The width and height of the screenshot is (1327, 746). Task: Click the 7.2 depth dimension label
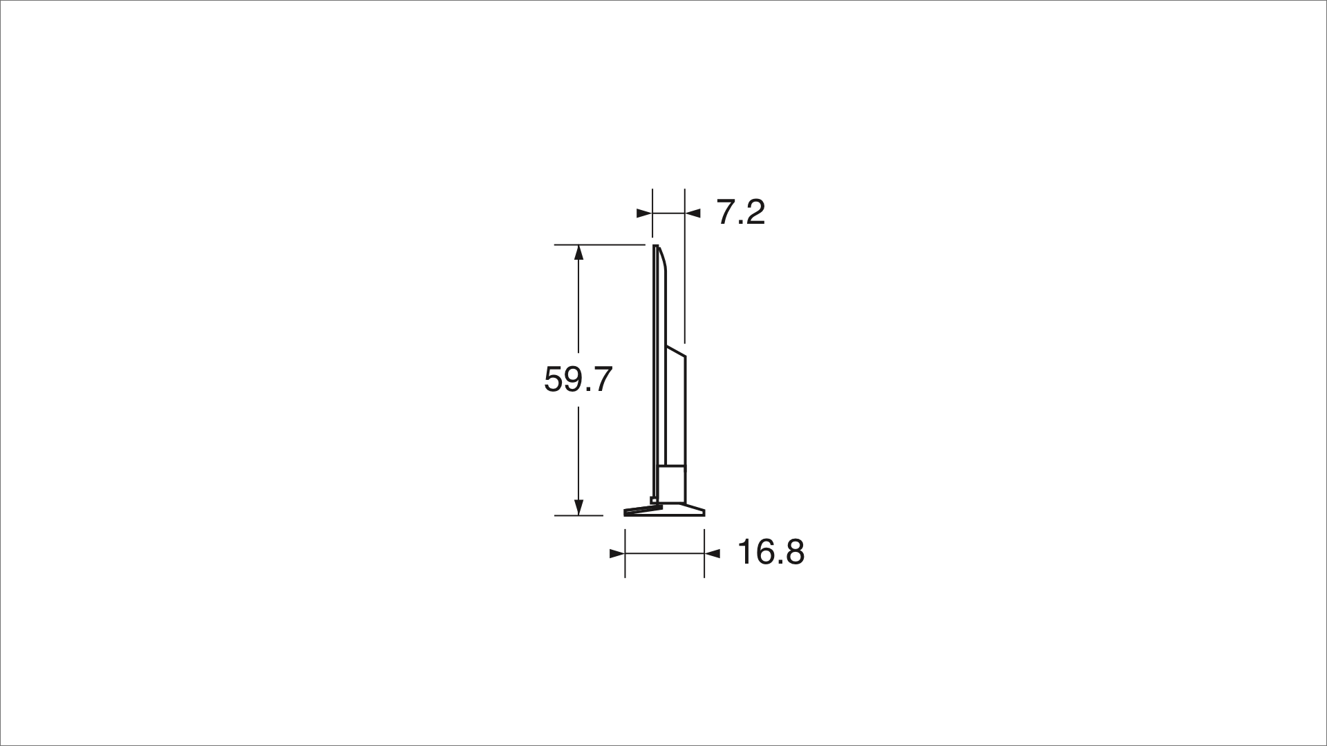(740, 212)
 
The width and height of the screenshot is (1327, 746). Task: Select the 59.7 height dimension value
(578, 379)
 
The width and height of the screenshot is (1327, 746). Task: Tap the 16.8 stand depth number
(771, 553)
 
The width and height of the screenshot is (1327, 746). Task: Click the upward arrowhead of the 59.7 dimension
(579, 252)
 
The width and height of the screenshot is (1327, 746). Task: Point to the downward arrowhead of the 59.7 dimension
(579, 508)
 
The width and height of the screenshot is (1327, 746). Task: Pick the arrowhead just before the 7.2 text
(693, 213)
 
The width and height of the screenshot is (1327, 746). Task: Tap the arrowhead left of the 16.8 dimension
(617, 553)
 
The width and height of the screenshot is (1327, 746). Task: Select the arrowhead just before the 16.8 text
(713, 553)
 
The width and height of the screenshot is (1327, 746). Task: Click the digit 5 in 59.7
(554, 379)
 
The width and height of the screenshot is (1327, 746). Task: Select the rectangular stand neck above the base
(671, 485)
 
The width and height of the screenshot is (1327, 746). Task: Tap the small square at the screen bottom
(653, 500)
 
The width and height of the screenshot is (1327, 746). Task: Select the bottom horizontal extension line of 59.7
(578, 515)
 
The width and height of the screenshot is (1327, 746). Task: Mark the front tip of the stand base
(625, 513)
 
